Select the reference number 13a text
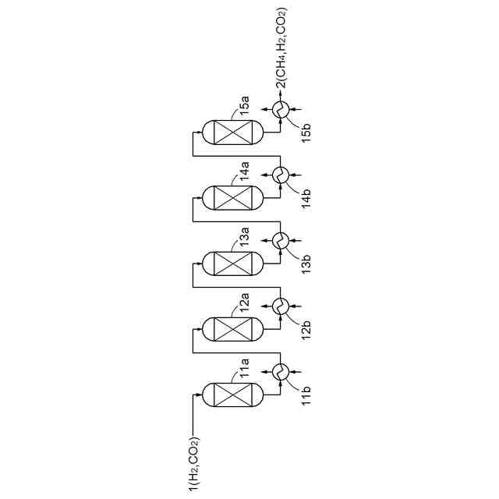coord(244,235)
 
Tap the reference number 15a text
coord(244,104)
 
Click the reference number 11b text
coord(306,395)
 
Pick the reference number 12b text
coord(306,329)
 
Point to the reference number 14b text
coord(306,198)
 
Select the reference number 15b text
coord(306,132)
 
